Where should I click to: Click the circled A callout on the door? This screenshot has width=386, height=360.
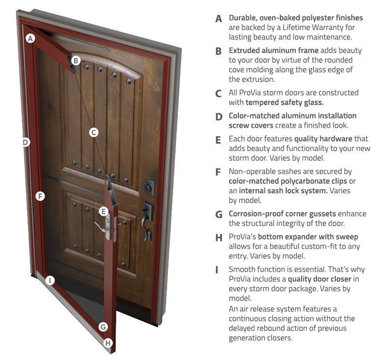(30, 39)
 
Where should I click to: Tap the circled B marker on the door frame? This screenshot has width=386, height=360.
(76, 60)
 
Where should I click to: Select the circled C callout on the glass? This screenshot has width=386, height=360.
(94, 133)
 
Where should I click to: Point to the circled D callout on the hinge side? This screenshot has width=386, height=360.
(26, 142)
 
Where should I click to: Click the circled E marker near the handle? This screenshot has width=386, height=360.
(103, 211)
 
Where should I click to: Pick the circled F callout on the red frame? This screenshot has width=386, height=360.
(40, 196)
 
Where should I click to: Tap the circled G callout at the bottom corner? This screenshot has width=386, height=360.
(103, 327)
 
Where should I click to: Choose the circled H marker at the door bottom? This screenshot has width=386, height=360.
(108, 343)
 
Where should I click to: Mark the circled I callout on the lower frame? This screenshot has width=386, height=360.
(50, 280)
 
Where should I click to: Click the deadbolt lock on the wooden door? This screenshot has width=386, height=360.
(149, 187)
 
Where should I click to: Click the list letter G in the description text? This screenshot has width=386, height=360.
(219, 214)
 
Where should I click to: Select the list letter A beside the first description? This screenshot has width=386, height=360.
(219, 19)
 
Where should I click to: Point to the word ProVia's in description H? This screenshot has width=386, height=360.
(242, 237)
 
